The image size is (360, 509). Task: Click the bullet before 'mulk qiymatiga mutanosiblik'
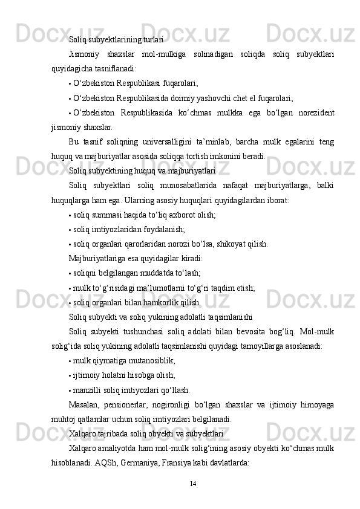pos(71,361)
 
